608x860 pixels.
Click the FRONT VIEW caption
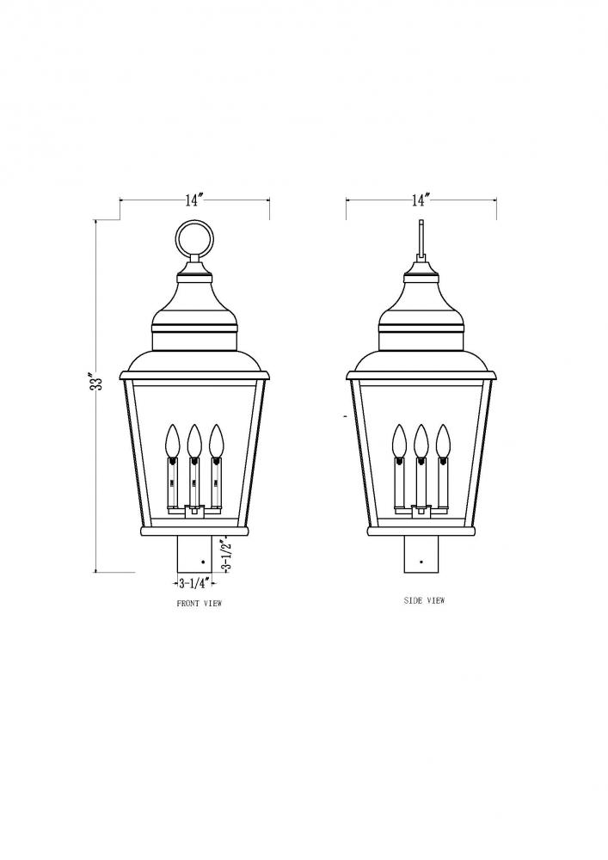pos(199,604)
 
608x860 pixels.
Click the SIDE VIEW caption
pos(424,600)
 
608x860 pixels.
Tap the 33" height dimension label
pos(98,380)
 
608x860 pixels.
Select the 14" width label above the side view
pos(420,200)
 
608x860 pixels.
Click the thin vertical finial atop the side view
pos(421,241)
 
